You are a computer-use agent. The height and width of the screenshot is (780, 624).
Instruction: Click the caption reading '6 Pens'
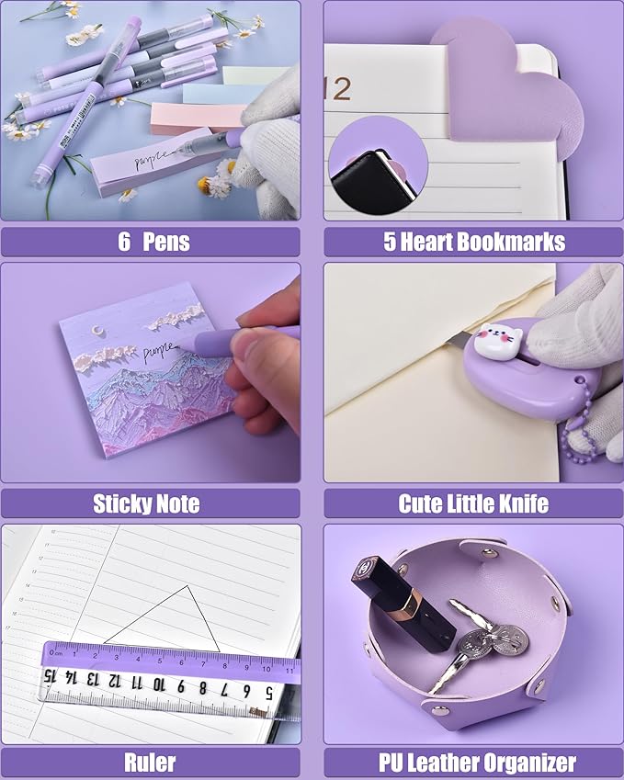[153, 242]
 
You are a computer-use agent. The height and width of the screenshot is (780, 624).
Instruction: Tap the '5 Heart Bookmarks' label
[473, 242]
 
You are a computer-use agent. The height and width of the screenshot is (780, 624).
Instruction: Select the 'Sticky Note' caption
[146, 503]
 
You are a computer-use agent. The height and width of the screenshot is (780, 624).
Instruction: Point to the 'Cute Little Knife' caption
[473, 503]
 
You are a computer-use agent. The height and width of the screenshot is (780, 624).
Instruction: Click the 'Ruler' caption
[150, 763]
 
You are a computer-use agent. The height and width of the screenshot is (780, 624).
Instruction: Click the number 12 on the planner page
[337, 89]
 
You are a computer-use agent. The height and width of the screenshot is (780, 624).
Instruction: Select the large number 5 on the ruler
[267, 691]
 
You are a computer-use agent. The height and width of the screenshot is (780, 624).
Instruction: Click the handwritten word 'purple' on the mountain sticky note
[160, 349]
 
